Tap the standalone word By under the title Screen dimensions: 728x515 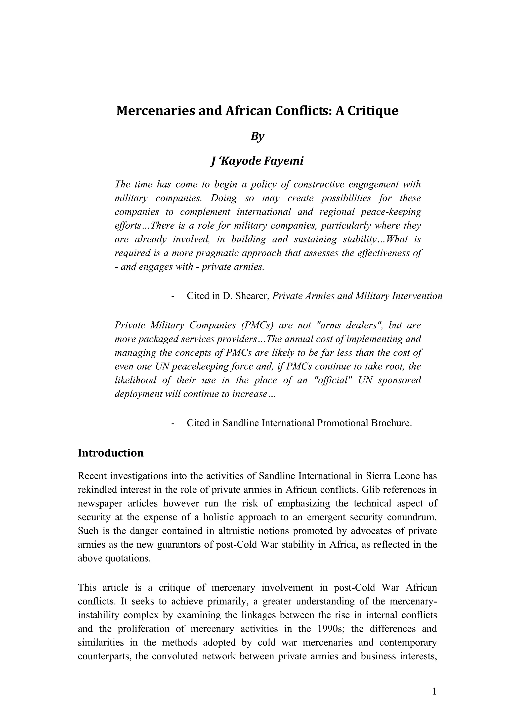(x=257, y=136)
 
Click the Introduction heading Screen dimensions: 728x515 (x=111, y=453)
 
